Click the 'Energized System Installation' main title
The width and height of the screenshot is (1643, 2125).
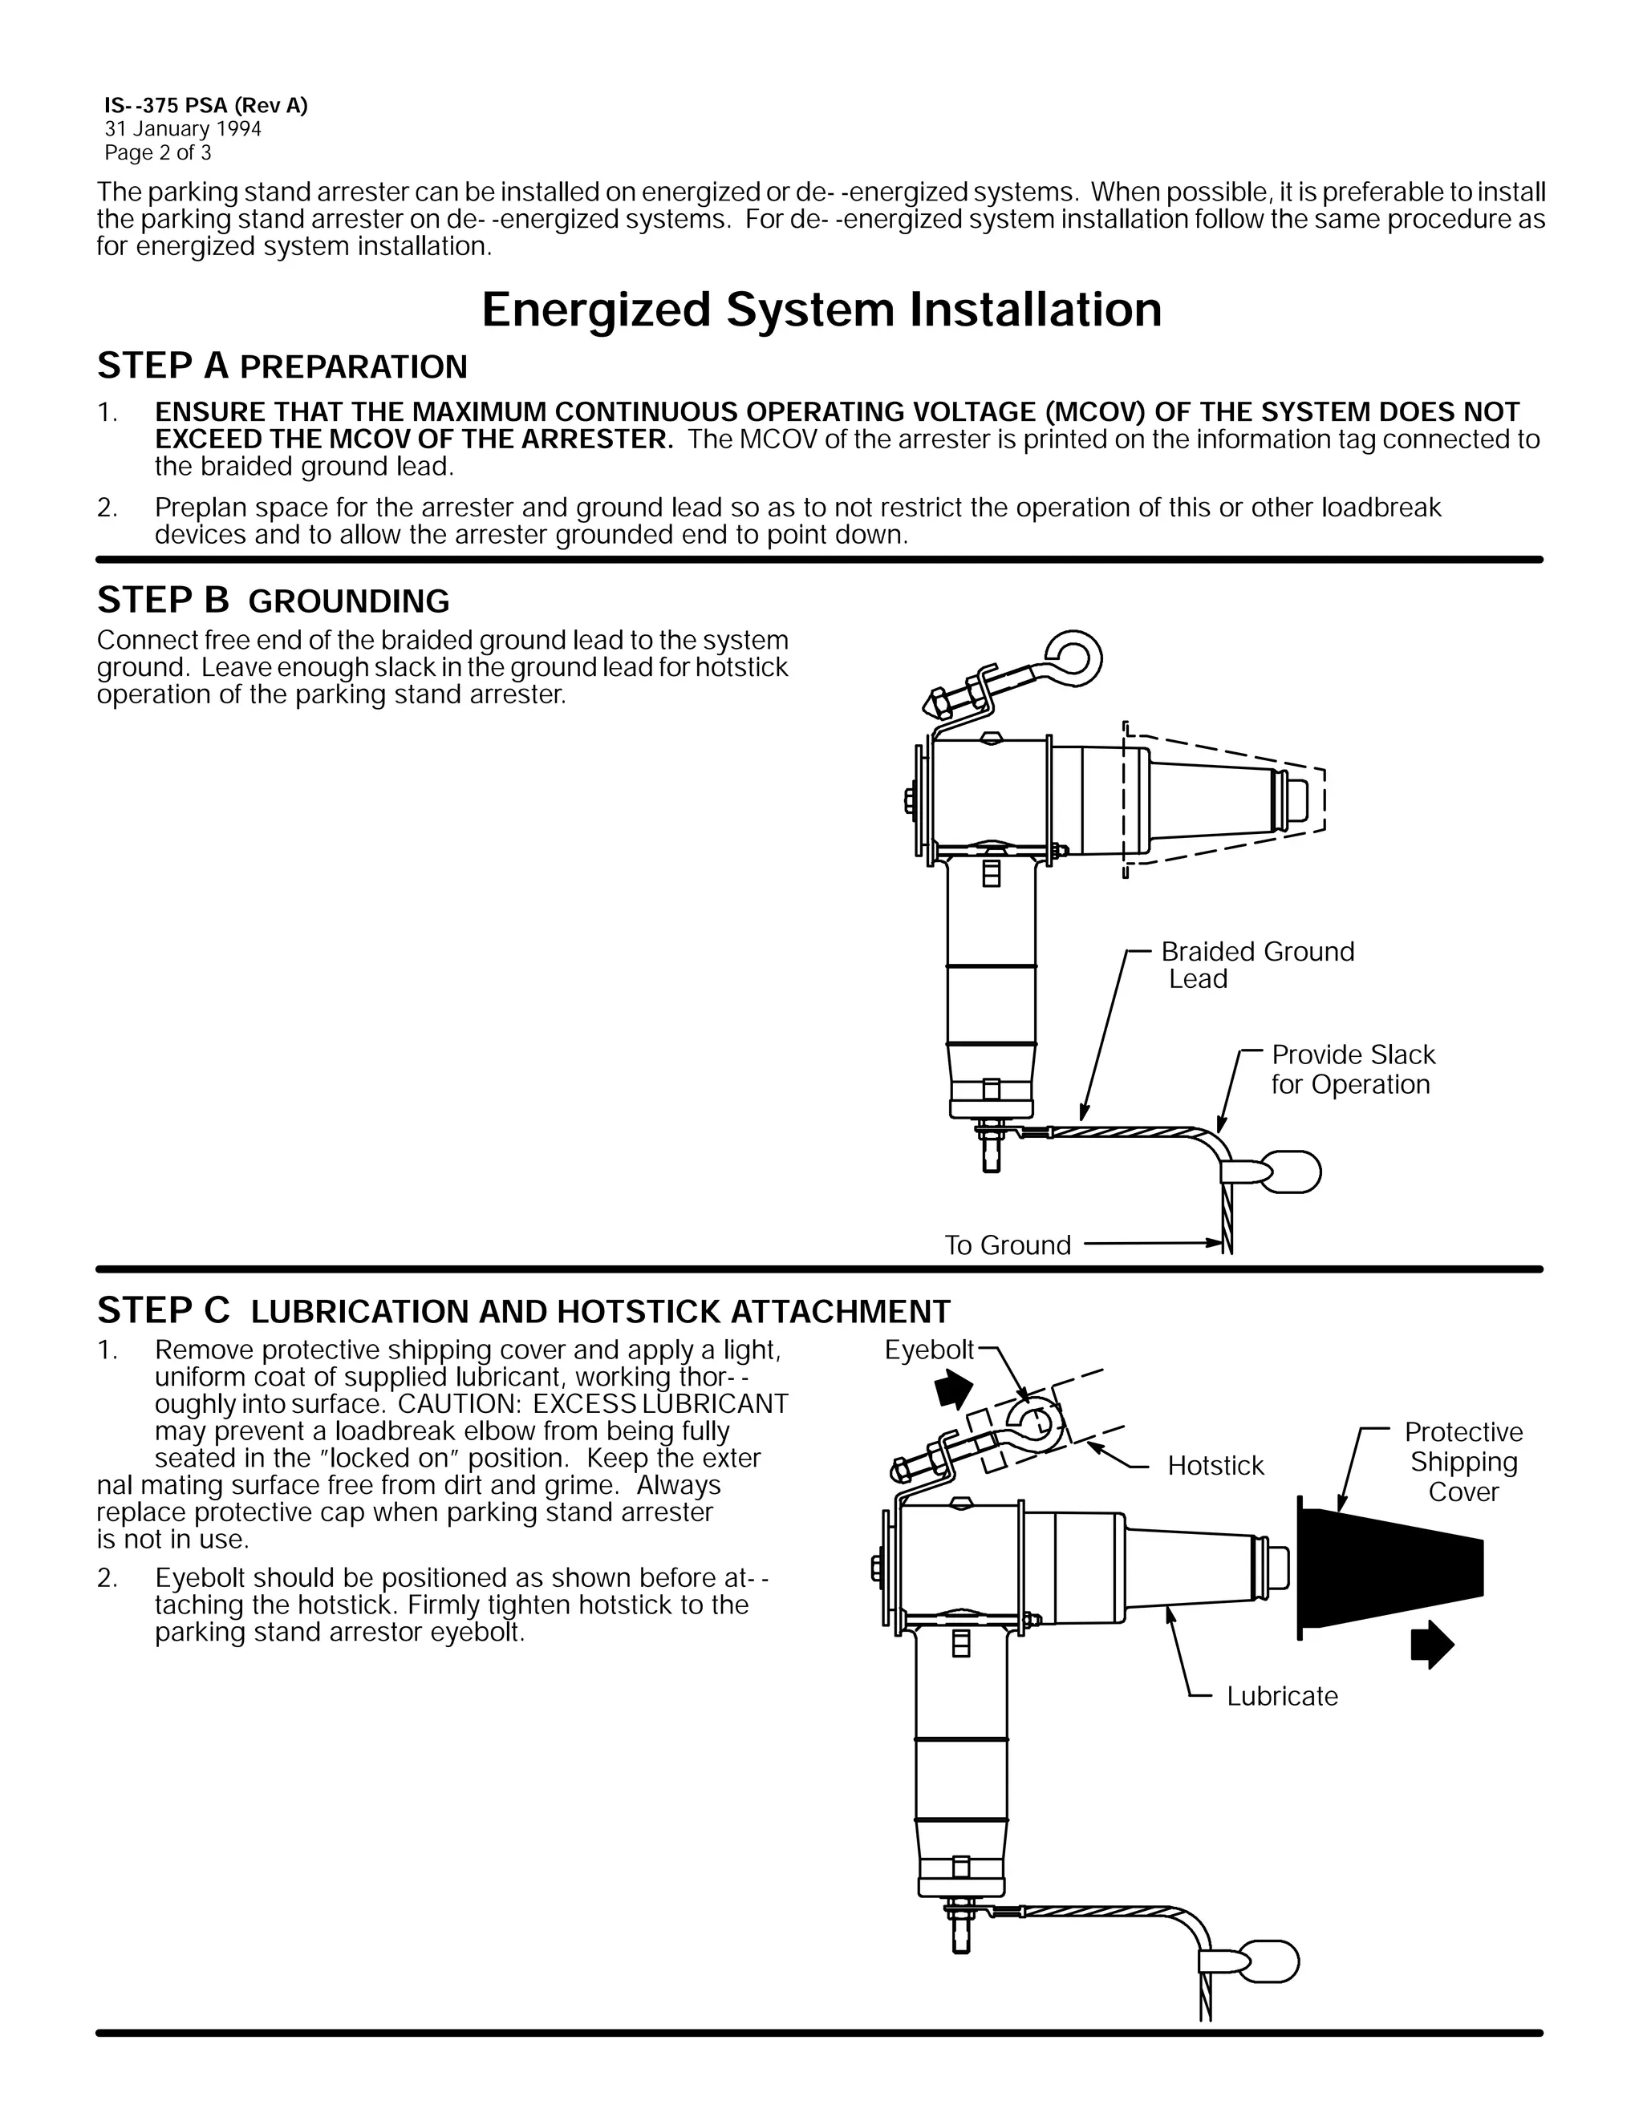pos(821,310)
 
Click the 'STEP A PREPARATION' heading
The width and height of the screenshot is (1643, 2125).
pos(282,366)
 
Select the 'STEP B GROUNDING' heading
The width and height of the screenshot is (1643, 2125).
pos(273,601)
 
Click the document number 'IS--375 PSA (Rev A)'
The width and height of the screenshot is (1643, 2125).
pos(205,106)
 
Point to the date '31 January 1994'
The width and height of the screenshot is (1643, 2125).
pos(183,129)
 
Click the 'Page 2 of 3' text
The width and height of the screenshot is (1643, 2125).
pos(158,152)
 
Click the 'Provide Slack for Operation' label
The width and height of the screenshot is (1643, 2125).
pos(1352,1069)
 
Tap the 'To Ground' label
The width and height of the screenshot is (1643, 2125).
pos(1008,1245)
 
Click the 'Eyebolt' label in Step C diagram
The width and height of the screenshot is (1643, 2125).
pos(928,1350)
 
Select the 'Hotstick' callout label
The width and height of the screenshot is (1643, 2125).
pos(1215,1465)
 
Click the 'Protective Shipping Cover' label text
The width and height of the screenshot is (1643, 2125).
pos(1463,1461)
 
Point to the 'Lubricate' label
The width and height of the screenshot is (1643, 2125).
pos(1281,1696)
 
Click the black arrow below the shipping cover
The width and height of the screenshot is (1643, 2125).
pos(1432,1645)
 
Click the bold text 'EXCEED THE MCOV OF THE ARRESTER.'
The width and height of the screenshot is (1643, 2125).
pos(414,439)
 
